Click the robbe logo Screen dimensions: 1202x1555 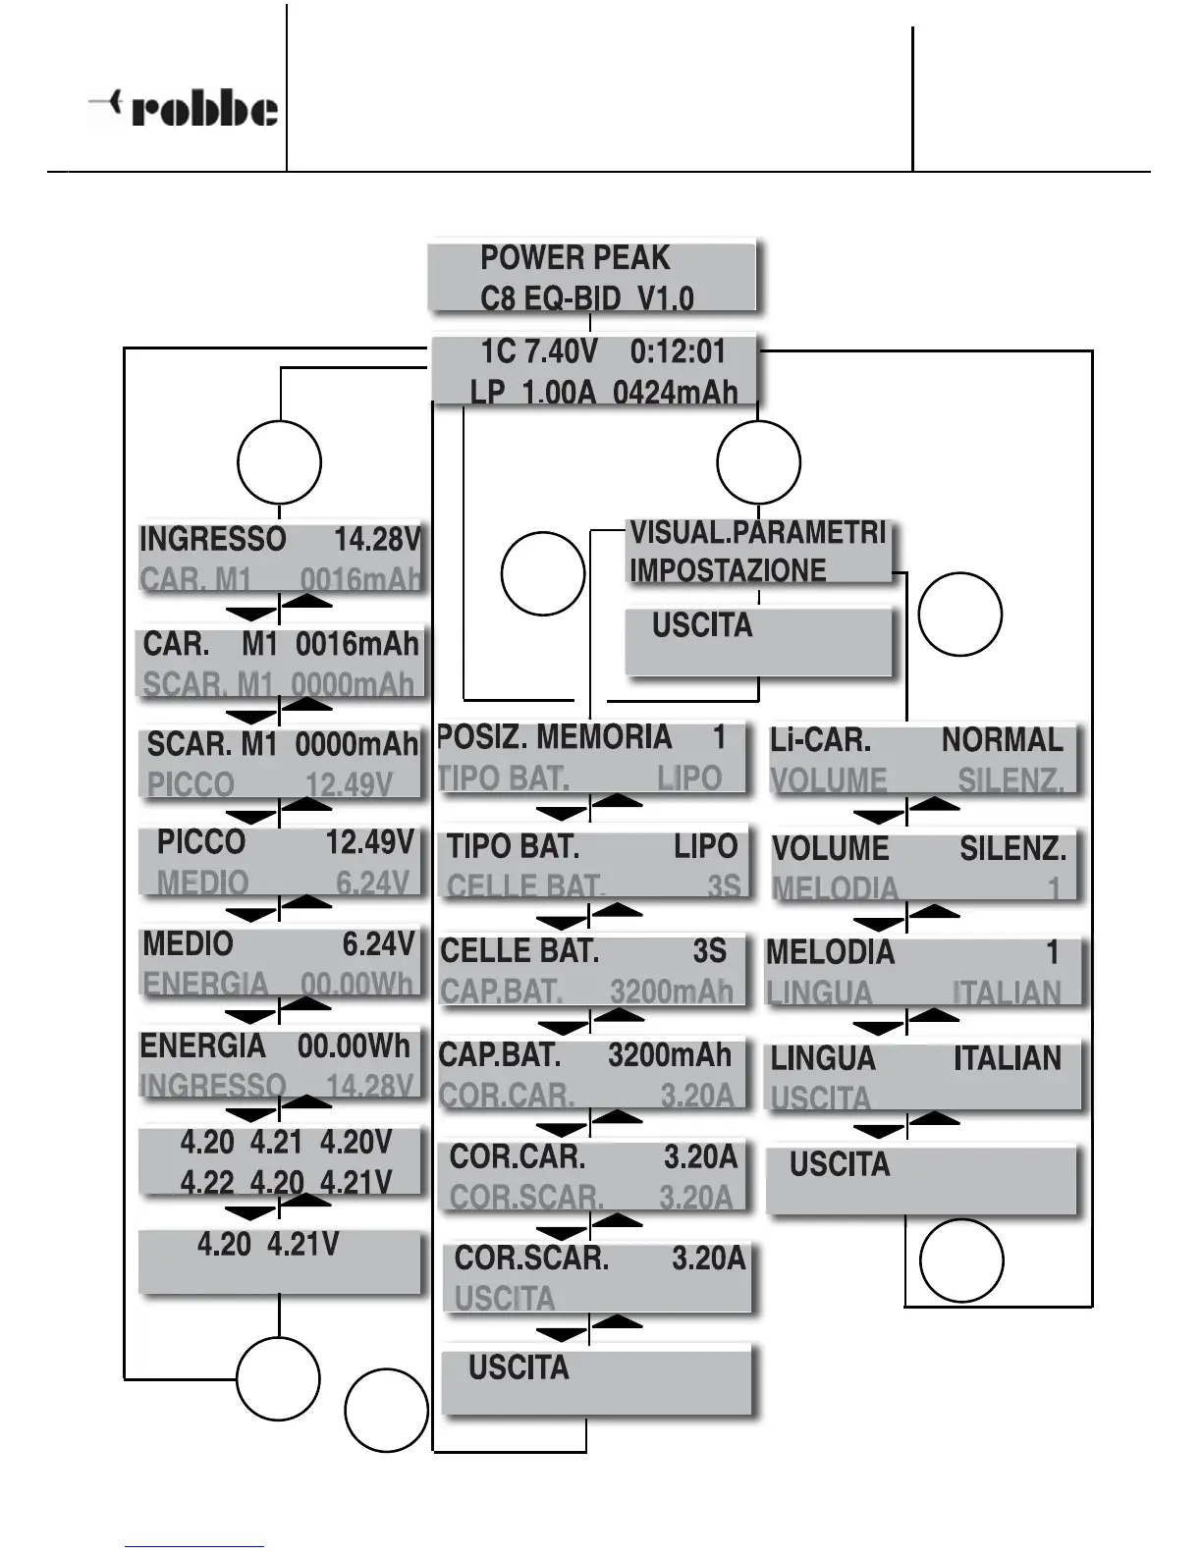pos(184,108)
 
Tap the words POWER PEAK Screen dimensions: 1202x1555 pos(574,258)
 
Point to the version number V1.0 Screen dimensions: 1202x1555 pos(666,297)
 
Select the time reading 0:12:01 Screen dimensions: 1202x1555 pos(678,351)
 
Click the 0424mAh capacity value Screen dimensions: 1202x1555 pos(675,393)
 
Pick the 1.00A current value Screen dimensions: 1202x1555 pos(559,393)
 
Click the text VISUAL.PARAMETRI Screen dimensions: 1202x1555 pos(757,533)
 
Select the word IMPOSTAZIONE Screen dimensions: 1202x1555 pos(728,570)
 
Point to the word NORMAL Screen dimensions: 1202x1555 pos(1002,740)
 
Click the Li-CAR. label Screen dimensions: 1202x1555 pos(820,740)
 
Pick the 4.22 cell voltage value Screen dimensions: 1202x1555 pos(207,1183)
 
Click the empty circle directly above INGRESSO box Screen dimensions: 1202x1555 pos(280,462)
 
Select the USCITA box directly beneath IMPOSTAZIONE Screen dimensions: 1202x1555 pos(758,640)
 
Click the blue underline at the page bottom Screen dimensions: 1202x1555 pos(194,1547)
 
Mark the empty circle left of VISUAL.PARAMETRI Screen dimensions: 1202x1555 pos(543,574)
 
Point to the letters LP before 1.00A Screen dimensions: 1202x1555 pos(488,393)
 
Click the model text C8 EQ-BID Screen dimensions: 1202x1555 pos(550,297)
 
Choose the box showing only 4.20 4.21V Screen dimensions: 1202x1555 pos(280,1262)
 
